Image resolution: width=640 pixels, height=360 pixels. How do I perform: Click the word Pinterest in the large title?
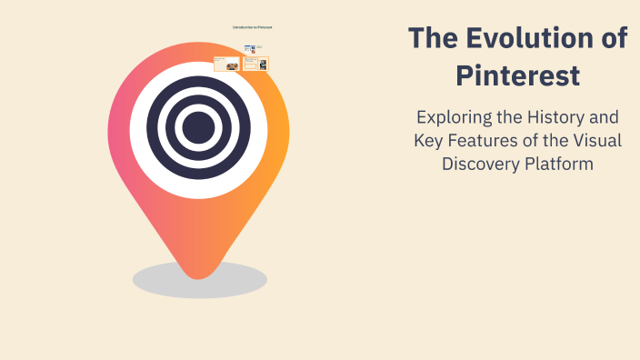click(x=517, y=76)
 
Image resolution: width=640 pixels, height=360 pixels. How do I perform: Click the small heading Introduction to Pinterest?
click(x=252, y=27)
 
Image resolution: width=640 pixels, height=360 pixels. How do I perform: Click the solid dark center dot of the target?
click(x=198, y=128)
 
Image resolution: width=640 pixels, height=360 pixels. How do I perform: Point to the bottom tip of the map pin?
click(x=199, y=275)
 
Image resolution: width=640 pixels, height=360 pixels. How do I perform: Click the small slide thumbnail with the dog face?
click(x=226, y=65)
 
